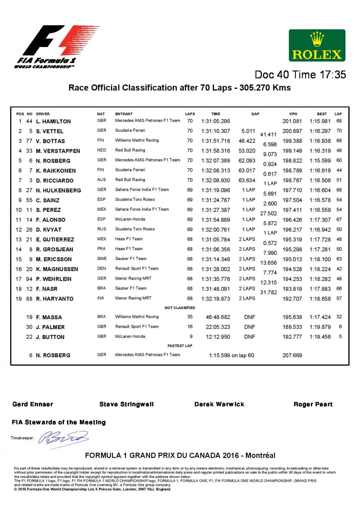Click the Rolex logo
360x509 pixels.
(317, 46)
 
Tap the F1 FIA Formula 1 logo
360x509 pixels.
(57, 46)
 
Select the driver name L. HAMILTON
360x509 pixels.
(53, 121)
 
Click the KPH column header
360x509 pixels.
(293, 114)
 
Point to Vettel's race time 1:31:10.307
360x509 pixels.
(216, 131)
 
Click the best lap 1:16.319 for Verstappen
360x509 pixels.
(320, 151)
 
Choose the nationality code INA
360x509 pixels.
(101, 298)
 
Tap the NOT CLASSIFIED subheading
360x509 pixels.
(180, 308)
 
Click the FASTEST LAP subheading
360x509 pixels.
(180, 345)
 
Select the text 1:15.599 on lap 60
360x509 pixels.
(231, 355)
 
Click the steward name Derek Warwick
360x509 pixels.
(219, 404)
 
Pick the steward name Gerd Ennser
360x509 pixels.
(33, 404)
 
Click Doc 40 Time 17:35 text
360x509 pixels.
(300, 75)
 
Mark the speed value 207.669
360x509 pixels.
(292, 355)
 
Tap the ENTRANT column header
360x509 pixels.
(124, 114)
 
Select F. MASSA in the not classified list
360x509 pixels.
(49, 317)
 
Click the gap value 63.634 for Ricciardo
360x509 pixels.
(247, 180)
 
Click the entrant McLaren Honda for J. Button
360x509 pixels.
(130, 336)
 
